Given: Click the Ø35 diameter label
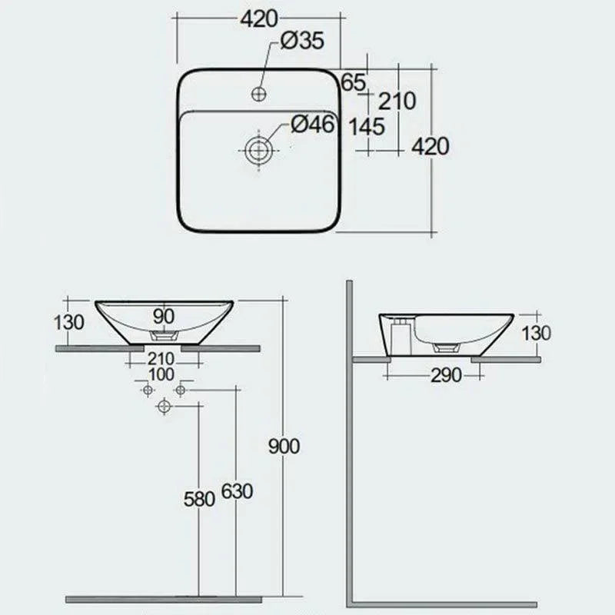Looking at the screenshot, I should tap(301, 42).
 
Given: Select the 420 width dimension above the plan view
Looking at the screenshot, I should tap(258, 19).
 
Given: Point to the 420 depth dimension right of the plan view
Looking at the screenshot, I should tap(430, 145).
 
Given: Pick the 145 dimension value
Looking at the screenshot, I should tap(367, 127).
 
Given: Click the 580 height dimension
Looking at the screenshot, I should tap(198, 498).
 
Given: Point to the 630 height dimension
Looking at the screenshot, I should tap(236, 491).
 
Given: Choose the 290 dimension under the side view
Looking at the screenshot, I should tap(446, 375).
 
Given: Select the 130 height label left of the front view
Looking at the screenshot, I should tap(69, 321).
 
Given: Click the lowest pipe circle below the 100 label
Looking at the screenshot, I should tap(163, 407).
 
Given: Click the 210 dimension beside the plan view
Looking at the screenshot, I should tap(397, 101).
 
